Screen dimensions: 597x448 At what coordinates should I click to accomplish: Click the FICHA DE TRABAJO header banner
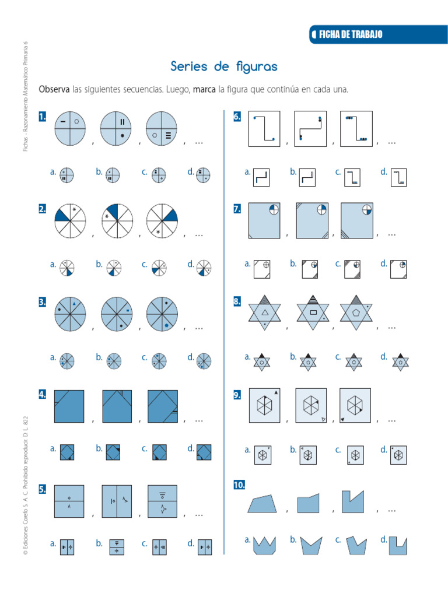(373, 34)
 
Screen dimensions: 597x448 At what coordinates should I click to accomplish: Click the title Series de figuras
(224, 66)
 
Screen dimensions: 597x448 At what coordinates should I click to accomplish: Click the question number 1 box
(43, 117)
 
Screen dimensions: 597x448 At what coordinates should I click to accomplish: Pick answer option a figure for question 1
(67, 174)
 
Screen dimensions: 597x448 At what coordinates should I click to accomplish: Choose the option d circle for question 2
(204, 268)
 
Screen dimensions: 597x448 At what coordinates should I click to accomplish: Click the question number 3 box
(43, 302)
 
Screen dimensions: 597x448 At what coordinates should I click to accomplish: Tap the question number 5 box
(43, 489)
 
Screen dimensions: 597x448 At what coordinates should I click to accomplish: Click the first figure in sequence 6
(264, 129)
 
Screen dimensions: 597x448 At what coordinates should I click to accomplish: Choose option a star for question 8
(262, 361)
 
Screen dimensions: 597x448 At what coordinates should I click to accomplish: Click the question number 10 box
(239, 484)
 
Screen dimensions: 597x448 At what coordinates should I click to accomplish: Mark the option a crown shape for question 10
(264, 546)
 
